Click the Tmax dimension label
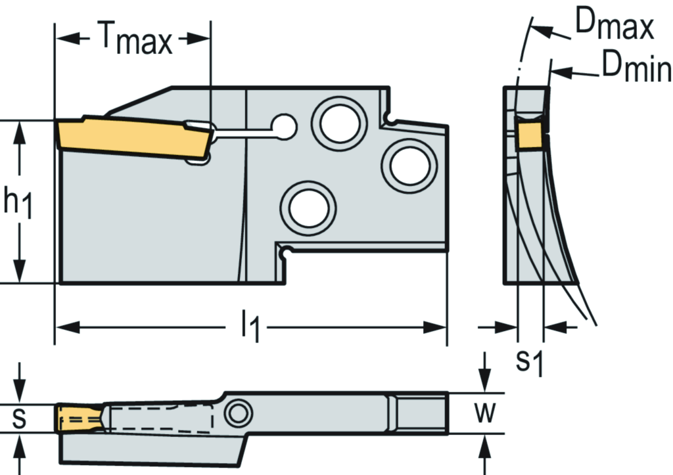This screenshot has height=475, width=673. click(x=136, y=41)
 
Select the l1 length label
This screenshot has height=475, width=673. click(x=249, y=327)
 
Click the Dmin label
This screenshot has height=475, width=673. click(x=635, y=68)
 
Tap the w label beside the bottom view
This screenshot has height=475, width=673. click(x=484, y=413)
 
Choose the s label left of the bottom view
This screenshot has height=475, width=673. click(x=20, y=418)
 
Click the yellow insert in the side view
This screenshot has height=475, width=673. click(x=135, y=135)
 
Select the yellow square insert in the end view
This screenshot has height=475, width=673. click(x=530, y=135)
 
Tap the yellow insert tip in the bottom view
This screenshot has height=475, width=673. click(x=79, y=418)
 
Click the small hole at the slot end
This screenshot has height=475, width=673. click(x=285, y=126)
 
